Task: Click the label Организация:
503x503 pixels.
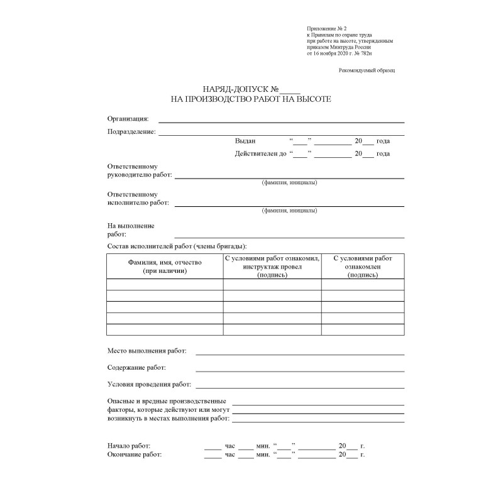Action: click(128, 118)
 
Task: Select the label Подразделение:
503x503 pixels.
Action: click(131, 131)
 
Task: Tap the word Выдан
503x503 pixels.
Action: click(245, 141)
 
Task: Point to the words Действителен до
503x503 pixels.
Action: click(260, 153)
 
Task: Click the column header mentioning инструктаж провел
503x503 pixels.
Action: click(272, 267)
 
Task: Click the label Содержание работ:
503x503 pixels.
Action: click(137, 367)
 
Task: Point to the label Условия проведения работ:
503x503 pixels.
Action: click(149, 384)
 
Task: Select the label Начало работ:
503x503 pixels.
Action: click(129, 446)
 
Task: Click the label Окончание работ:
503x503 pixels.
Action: click(135, 454)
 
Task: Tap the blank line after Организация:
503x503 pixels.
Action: click(280, 121)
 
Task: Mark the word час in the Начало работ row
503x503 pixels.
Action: click(229, 446)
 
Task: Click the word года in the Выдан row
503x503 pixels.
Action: click(383, 141)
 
